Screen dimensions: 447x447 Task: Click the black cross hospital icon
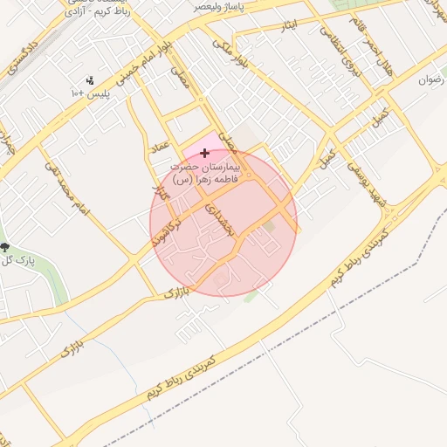tap(205, 153)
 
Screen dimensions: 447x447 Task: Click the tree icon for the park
tap(4, 248)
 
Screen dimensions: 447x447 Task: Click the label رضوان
tap(432, 79)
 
